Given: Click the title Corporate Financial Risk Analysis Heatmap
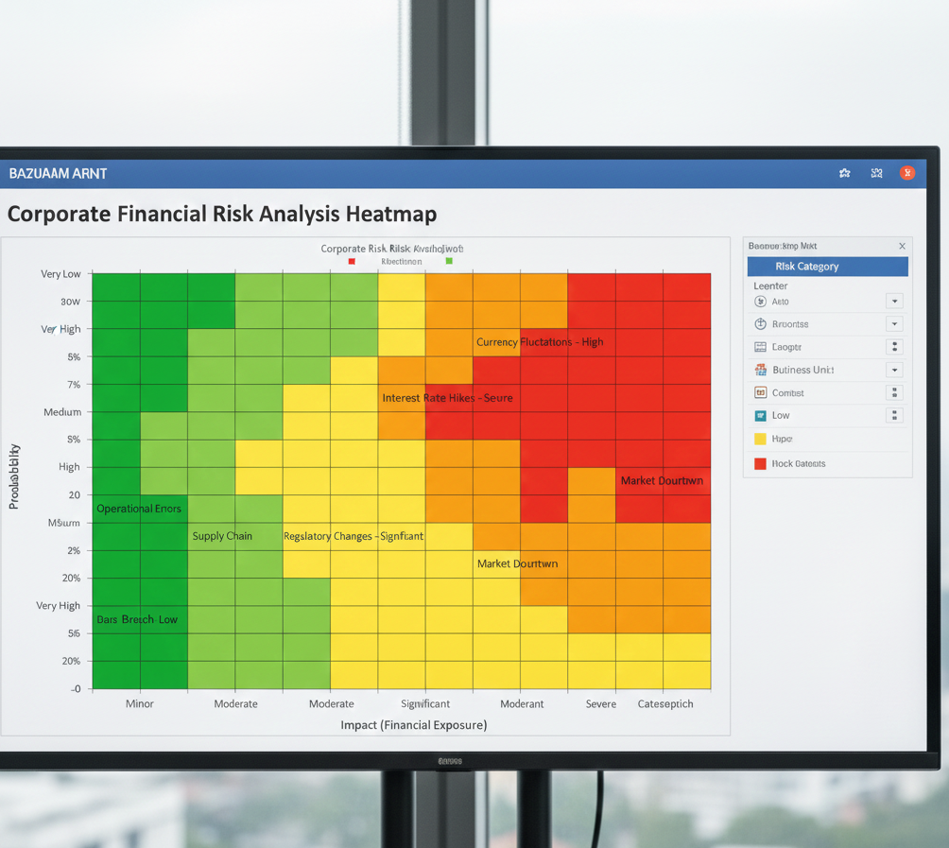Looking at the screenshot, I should point(222,214).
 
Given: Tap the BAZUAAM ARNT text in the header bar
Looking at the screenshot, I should point(58,174).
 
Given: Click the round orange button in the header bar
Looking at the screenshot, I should point(906,173).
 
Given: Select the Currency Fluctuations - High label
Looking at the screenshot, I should point(540,342).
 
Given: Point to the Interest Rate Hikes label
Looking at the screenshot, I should point(447,398).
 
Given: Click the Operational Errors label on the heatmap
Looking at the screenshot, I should point(138,509).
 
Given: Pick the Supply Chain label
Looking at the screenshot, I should point(222,536).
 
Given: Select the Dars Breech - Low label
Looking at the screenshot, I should point(137,619).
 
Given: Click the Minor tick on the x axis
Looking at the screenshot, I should point(140,703).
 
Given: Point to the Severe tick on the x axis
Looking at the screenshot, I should point(601,703).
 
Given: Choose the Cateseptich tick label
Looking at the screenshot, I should point(665,703).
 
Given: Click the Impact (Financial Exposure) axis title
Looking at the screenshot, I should point(414,725).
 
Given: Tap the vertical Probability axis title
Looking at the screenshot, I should point(14,476).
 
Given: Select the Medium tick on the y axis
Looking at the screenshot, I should point(62,412).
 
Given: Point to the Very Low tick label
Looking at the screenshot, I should point(60,274).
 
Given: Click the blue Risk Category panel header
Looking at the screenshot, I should point(827,267).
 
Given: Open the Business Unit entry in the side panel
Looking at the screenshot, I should point(802,370).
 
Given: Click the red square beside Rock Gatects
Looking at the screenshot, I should point(760,463).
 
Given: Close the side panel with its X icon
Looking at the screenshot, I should point(902,246).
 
